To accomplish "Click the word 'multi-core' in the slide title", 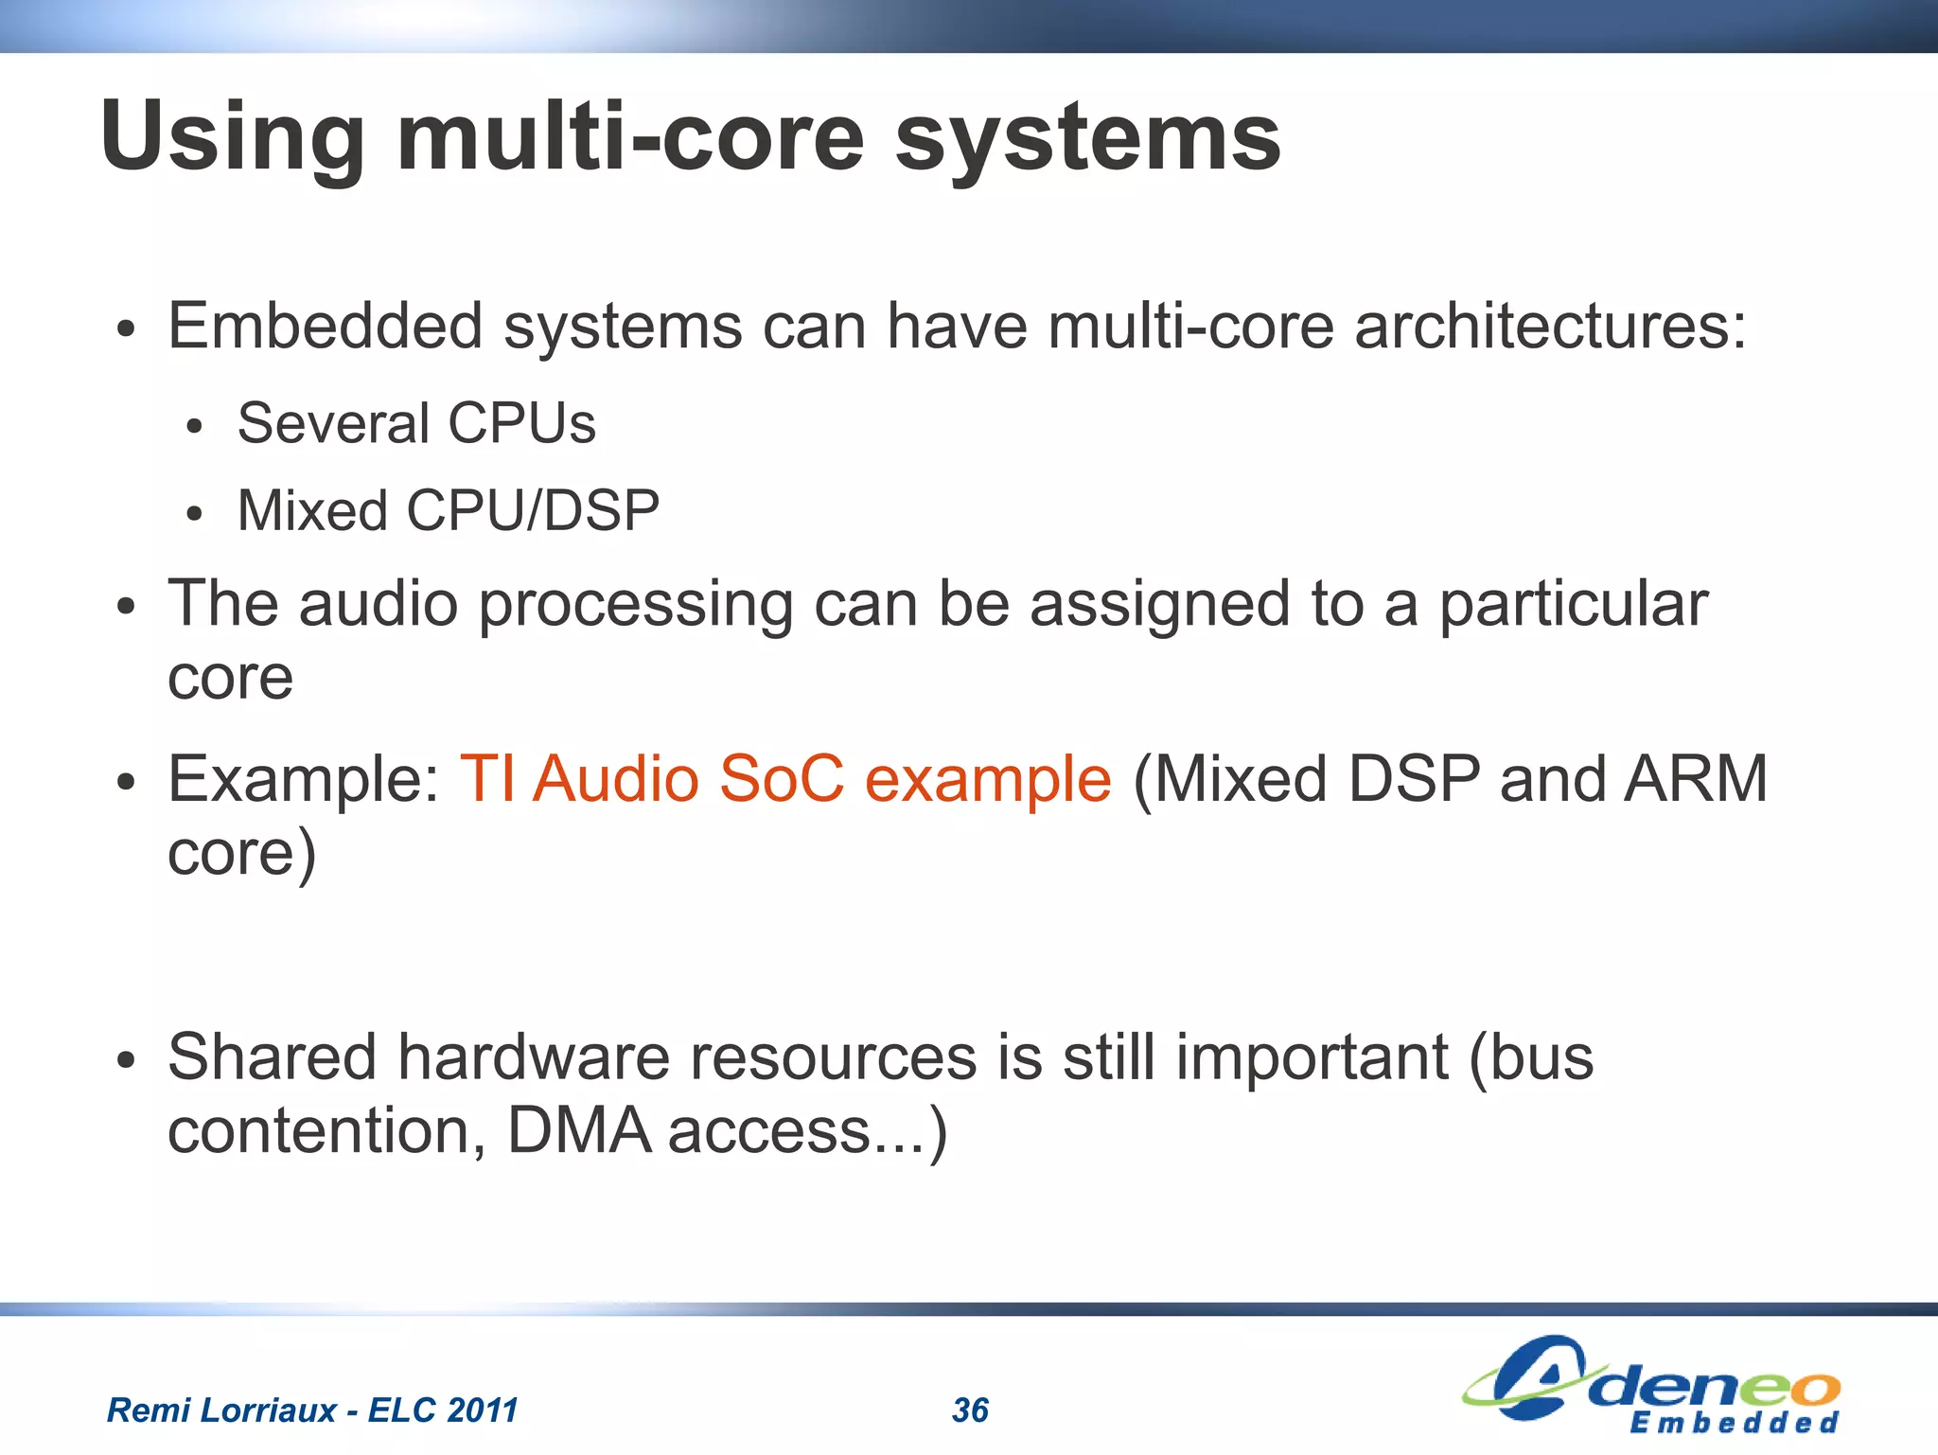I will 630,138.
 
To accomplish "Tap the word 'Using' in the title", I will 232,138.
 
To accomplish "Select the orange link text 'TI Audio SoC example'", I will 784,779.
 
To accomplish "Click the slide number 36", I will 970,1411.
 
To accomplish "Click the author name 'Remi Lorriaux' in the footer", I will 221,1411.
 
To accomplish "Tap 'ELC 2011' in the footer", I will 443,1411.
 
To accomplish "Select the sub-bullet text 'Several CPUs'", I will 416,423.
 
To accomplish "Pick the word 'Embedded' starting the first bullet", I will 325,327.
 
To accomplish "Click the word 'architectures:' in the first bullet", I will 1549,327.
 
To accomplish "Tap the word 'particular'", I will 1573,604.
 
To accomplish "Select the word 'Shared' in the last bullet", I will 272,1056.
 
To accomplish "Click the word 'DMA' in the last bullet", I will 579,1130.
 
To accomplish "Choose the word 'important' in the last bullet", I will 1312,1056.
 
